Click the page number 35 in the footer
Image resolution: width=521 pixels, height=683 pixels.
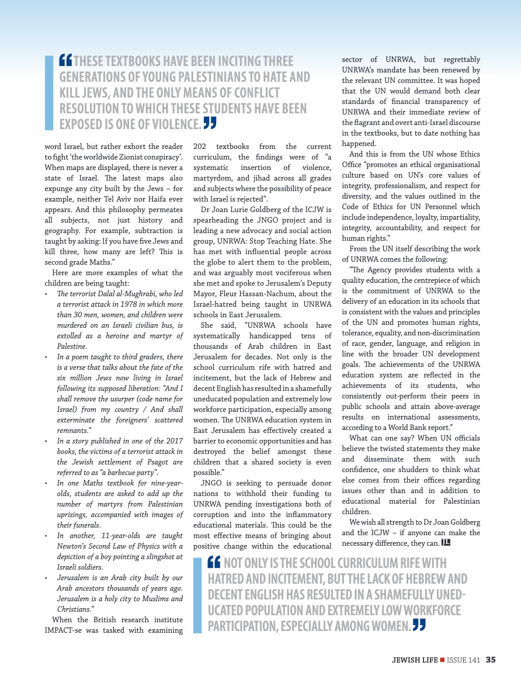click(491, 660)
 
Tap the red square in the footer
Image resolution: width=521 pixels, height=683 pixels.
click(442, 660)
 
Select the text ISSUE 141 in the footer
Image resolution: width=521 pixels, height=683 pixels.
click(464, 660)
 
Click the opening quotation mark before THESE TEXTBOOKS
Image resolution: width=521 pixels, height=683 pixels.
click(65, 60)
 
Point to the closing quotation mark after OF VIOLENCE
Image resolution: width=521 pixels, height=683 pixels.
click(210, 123)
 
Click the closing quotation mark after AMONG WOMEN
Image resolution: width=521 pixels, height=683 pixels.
click(418, 625)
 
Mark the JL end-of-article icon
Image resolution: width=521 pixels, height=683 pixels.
click(446, 543)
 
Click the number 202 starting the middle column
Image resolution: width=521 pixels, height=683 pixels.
click(199, 146)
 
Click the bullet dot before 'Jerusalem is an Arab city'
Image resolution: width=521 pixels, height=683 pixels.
click(46, 578)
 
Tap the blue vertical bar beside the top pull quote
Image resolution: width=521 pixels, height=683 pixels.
click(49, 92)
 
